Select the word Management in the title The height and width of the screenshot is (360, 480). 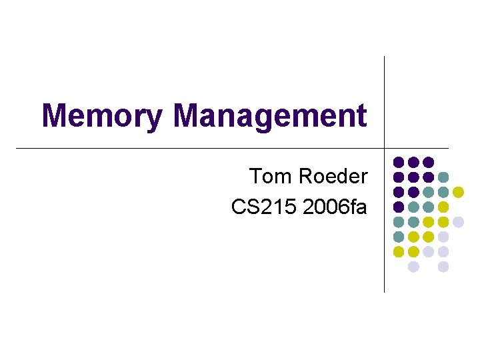pyautogui.click(x=270, y=115)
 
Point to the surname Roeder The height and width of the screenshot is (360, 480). pyautogui.click(x=332, y=177)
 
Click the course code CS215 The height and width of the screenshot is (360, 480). pyautogui.click(x=264, y=207)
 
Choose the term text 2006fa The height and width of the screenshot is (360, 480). pyautogui.click(x=335, y=207)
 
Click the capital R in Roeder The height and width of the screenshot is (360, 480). pyautogui.click(x=305, y=177)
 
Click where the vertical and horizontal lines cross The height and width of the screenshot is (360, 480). pyautogui.click(x=385, y=147)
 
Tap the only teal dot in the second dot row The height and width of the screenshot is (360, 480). pyautogui.click(x=443, y=177)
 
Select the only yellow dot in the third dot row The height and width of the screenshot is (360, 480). pyautogui.click(x=458, y=192)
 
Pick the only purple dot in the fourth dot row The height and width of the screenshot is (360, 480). pyautogui.click(x=399, y=207)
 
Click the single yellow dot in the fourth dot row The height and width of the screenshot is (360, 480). pyautogui.click(x=443, y=207)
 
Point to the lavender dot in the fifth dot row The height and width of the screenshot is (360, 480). pyautogui.click(x=458, y=222)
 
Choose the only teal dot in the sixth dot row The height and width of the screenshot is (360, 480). pyautogui.click(x=399, y=237)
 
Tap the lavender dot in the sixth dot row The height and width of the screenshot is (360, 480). pyautogui.click(x=443, y=237)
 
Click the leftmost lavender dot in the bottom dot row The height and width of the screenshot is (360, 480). pyautogui.click(x=413, y=267)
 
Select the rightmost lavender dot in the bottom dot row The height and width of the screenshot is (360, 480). pyautogui.click(x=443, y=267)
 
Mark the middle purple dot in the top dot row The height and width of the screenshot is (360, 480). pyautogui.click(x=413, y=162)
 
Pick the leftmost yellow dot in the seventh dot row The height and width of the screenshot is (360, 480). pyautogui.click(x=399, y=251)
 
